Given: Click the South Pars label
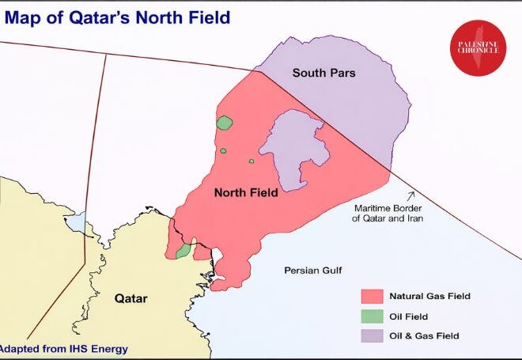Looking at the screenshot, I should pos(323,73).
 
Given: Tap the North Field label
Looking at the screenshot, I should pos(246,192).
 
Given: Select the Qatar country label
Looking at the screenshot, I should pos(131,298).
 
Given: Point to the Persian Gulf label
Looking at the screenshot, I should pos(312,271).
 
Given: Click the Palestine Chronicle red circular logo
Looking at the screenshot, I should pos(478,48).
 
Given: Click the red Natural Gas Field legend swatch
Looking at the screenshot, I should pos(372,297).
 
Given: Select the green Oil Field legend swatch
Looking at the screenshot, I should pos(372,316).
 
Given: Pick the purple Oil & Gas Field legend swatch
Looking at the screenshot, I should pos(372,336).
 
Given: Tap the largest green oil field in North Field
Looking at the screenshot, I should pos(225,123).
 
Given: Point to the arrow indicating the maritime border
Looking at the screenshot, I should pos(410,195).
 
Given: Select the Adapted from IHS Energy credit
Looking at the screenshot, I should pos(63,348).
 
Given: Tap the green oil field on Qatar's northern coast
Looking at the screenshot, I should pos(183,251).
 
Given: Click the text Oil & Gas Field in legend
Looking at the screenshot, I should pos(424,336).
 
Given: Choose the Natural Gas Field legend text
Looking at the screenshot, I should pos(429,297).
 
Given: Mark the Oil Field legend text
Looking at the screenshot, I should pos(408,316).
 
